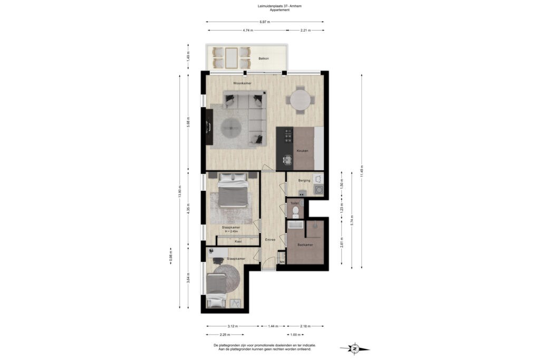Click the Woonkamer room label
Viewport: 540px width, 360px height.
tap(242, 83)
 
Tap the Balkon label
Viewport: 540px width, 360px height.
tap(264, 59)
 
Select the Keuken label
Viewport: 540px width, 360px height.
tap(302, 151)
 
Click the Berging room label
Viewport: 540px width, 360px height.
tap(304, 180)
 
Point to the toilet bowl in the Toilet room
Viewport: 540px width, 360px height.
tap(295, 212)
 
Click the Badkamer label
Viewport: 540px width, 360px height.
tap(304, 245)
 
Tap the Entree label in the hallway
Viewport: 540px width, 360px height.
tap(270, 240)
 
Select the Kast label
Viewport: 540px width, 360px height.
tap(238, 241)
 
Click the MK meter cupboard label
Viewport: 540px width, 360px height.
tap(282, 262)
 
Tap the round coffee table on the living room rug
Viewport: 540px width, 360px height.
tap(232, 127)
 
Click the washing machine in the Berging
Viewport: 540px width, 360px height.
tap(318, 189)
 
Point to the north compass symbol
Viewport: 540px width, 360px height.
tap(355, 348)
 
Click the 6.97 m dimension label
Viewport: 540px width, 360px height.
tap(265, 22)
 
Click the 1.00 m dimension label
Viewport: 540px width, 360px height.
tap(295, 335)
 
